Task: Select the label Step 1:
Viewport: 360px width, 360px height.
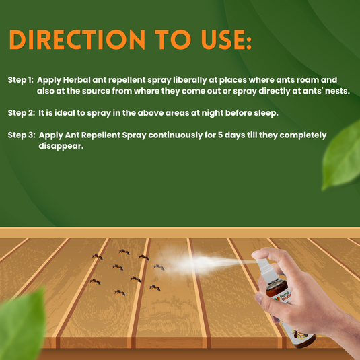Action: point(21,79)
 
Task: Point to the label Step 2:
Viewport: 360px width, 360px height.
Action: point(21,112)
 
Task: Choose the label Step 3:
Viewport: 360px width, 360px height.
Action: point(21,135)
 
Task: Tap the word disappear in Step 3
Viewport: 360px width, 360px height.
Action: point(61,147)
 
